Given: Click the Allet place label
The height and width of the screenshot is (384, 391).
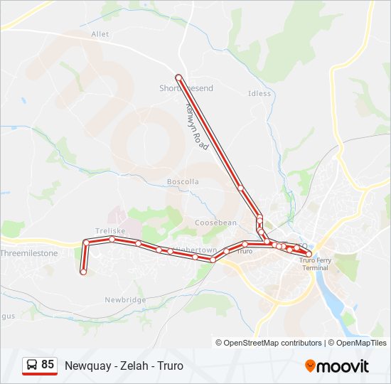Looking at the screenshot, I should [100, 33].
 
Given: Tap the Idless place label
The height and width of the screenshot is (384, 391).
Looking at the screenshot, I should [259, 93].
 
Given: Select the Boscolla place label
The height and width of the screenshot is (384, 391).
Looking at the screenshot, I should [183, 182].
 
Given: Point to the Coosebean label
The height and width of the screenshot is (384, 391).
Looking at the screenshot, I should [215, 223].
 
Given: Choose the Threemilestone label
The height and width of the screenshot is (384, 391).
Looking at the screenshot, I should [30, 253].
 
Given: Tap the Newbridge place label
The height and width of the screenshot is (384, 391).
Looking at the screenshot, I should [125, 300].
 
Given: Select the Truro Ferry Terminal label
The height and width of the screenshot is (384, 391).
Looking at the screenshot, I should [314, 264].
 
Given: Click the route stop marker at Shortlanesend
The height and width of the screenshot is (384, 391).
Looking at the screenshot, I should [178, 77].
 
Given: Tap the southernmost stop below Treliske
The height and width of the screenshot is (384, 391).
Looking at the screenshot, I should [83, 272].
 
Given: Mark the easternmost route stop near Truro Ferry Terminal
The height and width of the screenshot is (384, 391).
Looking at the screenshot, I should [309, 253].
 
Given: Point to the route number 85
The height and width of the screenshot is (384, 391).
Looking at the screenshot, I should [48, 365].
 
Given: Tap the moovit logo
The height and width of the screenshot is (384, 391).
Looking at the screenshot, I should [337, 366].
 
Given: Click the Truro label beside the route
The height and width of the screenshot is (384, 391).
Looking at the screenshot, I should [245, 252].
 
